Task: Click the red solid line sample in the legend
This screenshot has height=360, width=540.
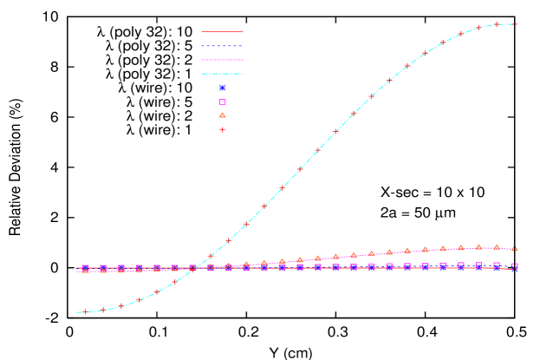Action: [x=222, y=31]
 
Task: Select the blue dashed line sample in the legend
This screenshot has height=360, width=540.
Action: [x=222, y=46]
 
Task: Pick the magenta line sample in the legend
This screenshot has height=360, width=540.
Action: [x=222, y=60]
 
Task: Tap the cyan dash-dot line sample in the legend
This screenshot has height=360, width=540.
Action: [x=222, y=74]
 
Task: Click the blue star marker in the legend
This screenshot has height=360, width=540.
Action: [x=223, y=88]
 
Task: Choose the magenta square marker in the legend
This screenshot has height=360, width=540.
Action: [x=223, y=101]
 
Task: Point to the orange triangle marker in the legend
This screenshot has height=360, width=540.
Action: [x=223, y=115]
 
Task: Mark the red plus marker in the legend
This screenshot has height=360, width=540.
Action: [x=223, y=129]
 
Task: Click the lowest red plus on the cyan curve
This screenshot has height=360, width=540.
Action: [x=85, y=311]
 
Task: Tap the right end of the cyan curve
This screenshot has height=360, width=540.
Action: [x=517, y=24]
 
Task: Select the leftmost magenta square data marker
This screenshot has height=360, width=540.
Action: [x=85, y=269]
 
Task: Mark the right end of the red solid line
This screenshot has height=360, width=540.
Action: [x=517, y=270]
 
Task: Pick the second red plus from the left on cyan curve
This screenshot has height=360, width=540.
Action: [x=103, y=310]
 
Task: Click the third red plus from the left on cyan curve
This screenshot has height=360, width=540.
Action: [x=121, y=305]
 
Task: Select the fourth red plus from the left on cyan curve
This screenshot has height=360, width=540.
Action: [x=139, y=300]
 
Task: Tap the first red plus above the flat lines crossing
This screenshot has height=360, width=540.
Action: [x=211, y=256]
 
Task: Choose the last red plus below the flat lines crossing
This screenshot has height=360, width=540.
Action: [x=192, y=270]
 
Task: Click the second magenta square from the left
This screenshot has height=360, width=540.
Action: [x=103, y=269]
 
